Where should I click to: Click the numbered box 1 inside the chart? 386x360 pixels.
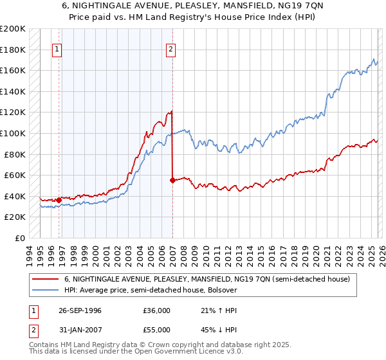pos(57,50)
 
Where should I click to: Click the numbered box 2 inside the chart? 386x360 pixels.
pos(170,50)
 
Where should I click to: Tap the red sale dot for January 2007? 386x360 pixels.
pos(172,181)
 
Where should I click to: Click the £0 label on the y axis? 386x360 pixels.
pos(19,238)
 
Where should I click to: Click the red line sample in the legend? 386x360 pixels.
pos(44,279)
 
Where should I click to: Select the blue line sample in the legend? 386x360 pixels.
pos(44,290)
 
